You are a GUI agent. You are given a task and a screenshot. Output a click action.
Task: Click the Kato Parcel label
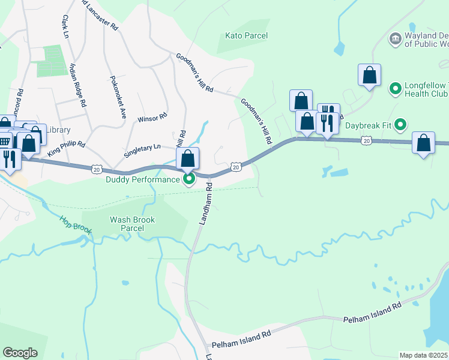click(246, 36)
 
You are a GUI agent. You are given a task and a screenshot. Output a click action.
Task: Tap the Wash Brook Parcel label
click(132, 224)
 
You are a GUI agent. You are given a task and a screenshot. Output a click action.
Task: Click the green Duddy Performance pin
click(189, 178)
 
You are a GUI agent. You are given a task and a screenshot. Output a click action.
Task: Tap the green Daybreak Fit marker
click(400, 125)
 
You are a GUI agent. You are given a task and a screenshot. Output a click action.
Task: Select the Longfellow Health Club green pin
click(396, 89)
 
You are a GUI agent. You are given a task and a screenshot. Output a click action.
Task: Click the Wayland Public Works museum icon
click(396, 40)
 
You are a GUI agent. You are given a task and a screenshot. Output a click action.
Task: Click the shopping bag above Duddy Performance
click(187, 158)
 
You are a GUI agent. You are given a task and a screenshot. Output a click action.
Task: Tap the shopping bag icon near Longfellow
click(369, 75)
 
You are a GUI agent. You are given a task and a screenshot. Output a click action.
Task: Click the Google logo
click(20, 353)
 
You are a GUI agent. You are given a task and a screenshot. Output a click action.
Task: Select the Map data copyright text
click(424, 355)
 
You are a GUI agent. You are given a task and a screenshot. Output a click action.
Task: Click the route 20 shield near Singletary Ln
click(97, 170)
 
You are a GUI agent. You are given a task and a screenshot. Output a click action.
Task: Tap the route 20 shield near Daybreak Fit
click(366, 140)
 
